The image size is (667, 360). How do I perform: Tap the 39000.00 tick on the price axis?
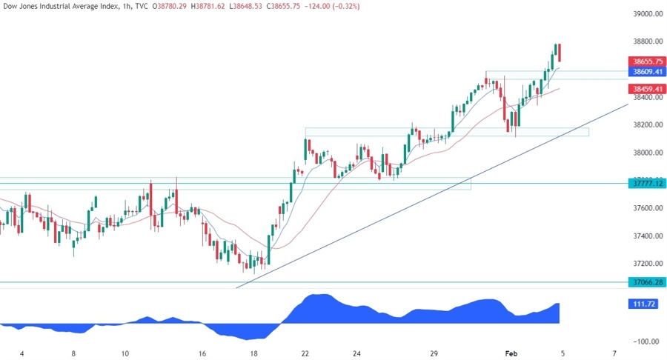[x=646, y=14]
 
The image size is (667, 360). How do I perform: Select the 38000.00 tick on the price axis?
[x=646, y=153]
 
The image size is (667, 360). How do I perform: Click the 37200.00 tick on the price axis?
[x=646, y=264]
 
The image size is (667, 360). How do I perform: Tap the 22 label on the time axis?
[x=306, y=353]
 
